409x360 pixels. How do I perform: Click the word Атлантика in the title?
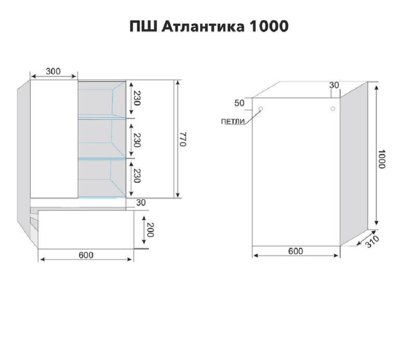(203, 27)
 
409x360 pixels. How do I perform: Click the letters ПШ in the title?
(143, 27)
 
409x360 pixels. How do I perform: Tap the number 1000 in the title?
(269, 27)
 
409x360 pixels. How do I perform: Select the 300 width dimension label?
(53, 71)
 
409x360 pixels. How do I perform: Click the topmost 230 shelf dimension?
(137, 98)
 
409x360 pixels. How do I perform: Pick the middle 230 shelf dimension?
(137, 140)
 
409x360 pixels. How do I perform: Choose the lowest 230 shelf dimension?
(137, 175)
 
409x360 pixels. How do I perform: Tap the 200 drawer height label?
(150, 230)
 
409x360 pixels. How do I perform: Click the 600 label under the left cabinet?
(86, 255)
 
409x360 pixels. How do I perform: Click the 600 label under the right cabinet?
(296, 251)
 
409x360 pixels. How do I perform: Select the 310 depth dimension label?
(372, 242)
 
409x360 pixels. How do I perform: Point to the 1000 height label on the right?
(381, 159)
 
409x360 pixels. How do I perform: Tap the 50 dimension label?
(239, 103)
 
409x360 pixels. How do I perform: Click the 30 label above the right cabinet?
(334, 85)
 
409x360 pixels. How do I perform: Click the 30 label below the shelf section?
(141, 202)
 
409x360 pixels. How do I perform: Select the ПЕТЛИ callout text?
(233, 121)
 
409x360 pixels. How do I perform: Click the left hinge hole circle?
(261, 108)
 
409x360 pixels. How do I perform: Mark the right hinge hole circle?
(333, 108)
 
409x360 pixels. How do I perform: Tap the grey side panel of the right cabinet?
(354, 164)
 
